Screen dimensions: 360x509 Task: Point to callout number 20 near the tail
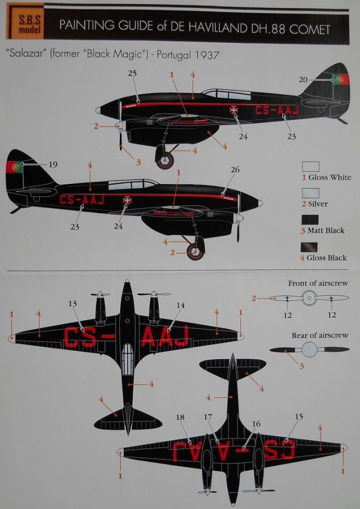[x=304, y=80]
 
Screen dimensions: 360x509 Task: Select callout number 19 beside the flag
[x=53, y=164]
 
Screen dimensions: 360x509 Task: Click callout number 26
[x=235, y=169]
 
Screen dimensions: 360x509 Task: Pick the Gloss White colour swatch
[x=310, y=166]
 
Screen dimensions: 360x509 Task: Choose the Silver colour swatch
[x=310, y=193]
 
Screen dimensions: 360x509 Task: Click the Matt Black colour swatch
[x=310, y=219]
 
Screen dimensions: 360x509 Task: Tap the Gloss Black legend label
[x=326, y=258]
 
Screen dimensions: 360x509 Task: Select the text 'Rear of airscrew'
[x=319, y=335]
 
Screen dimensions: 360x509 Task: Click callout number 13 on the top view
[x=73, y=304]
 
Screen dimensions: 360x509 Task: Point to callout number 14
[x=181, y=304]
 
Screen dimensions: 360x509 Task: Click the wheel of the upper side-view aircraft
[x=164, y=159]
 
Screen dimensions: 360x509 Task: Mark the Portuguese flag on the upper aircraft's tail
[x=340, y=79]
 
